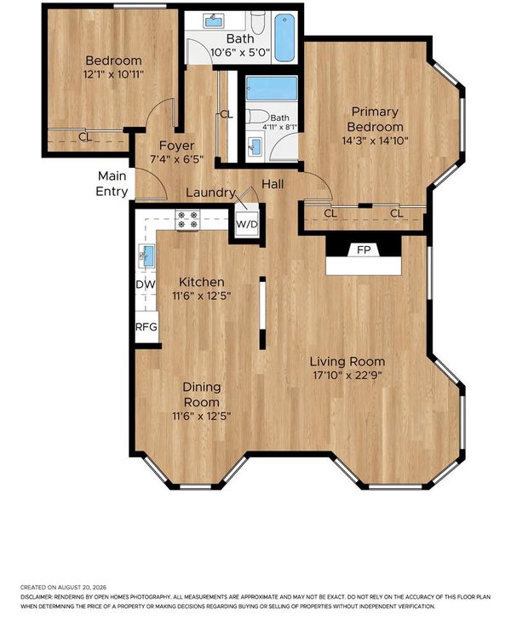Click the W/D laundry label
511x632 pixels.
coord(246,224)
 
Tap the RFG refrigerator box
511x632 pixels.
coord(146,327)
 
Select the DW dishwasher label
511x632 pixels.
coord(146,284)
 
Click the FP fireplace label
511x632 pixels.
coord(364,250)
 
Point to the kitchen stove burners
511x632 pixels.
coord(187,220)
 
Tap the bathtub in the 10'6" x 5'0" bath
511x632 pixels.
coord(285,37)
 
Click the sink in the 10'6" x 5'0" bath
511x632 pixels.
coord(214,21)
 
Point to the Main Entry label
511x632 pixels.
coord(112,183)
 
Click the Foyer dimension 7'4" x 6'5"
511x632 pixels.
coord(176,159)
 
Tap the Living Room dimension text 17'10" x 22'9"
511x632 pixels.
coord(347,376)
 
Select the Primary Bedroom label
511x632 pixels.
coord(375,119)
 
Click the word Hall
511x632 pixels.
coord(273,184)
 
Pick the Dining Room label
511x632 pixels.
coord(202,394)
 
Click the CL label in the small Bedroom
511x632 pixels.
coord(85,137)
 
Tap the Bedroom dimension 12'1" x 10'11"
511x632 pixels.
coord(113,75)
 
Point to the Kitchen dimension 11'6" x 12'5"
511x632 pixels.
coord(202,296)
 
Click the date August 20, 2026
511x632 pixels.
coord(82,587)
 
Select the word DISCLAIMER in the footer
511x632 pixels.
coord(37,597)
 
